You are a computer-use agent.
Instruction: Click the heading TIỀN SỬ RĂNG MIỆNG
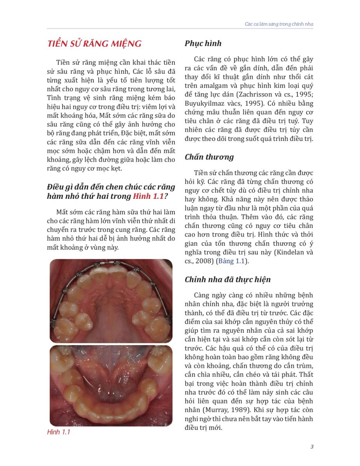pyautogui.click(x=94, y=43)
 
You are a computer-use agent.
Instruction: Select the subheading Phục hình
pyautogui.click(x=203, y=43)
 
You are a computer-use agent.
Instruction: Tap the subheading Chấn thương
pyautogui.click(x=209, y=157)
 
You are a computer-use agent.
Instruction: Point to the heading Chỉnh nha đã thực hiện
pyautogui.click(x=228, y=280)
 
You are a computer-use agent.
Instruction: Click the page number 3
pyautogui.click(x=312, y=447)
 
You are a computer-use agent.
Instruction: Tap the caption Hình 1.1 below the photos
pyautogui.click(x=58, y=432)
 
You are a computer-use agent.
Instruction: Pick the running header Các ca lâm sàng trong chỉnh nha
pyautogui.click(x=279, y=24)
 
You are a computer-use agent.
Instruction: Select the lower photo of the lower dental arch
pyautogui.click(x=111, y=385)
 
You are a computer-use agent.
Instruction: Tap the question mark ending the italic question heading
pyautogui.click(x=166, y=196)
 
